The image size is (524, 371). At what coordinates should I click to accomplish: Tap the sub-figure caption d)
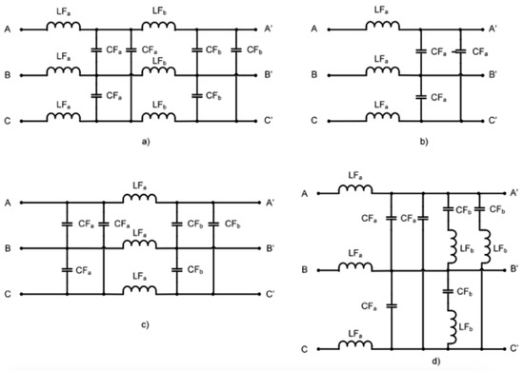411,362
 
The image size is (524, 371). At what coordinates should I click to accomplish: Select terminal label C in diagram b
314,121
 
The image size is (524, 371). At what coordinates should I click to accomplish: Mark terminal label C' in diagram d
514,348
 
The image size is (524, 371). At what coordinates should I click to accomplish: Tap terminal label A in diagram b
314,29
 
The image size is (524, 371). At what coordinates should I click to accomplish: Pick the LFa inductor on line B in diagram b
376,73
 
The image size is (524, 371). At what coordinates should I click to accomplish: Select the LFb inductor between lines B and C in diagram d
449,326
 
